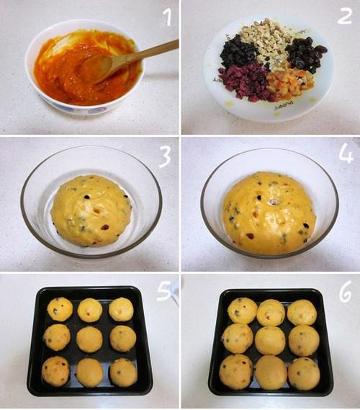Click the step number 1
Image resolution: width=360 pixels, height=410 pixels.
[x=168, y=17]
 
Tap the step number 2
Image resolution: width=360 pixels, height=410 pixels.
[x=344, y=16]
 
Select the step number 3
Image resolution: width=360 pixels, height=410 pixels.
[x=165, y=156]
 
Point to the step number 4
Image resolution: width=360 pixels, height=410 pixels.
[x=346, y=153]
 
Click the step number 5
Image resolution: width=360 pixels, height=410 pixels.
[x=164, y=290]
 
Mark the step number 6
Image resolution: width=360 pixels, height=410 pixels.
[x=346, y=293]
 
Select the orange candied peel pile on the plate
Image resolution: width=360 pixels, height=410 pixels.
[x=290, y=82]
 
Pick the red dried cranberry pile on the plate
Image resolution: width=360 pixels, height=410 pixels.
[x=243, y=82]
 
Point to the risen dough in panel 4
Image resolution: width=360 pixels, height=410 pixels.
[x=269, y=213]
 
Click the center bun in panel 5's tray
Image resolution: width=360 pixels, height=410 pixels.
[x=89, y=339]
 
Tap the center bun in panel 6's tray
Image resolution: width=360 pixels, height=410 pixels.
[x=270, y=340]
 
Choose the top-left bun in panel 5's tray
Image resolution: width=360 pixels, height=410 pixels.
[x=60, y=309]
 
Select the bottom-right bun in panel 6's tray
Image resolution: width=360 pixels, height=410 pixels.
[x=304, y=374]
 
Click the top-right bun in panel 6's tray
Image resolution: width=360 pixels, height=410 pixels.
[x=302, y=312]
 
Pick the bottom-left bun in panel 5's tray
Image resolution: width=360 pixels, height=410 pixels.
[x=55, y=371]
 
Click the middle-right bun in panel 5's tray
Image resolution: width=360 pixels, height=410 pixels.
[x=123, y=339]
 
